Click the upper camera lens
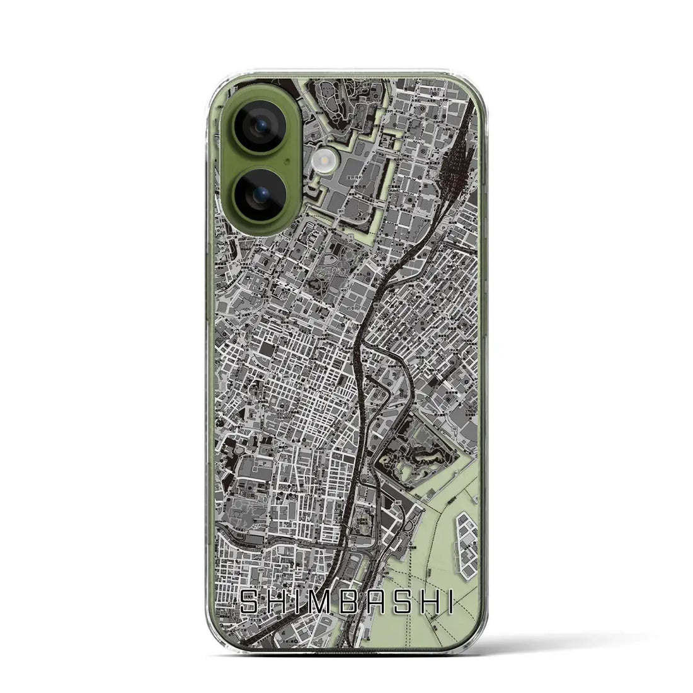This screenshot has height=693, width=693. [x=261, y=129]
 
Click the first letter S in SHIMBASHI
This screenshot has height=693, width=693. [x=250, y=603]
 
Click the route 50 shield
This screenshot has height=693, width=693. [x=455, y=428]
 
